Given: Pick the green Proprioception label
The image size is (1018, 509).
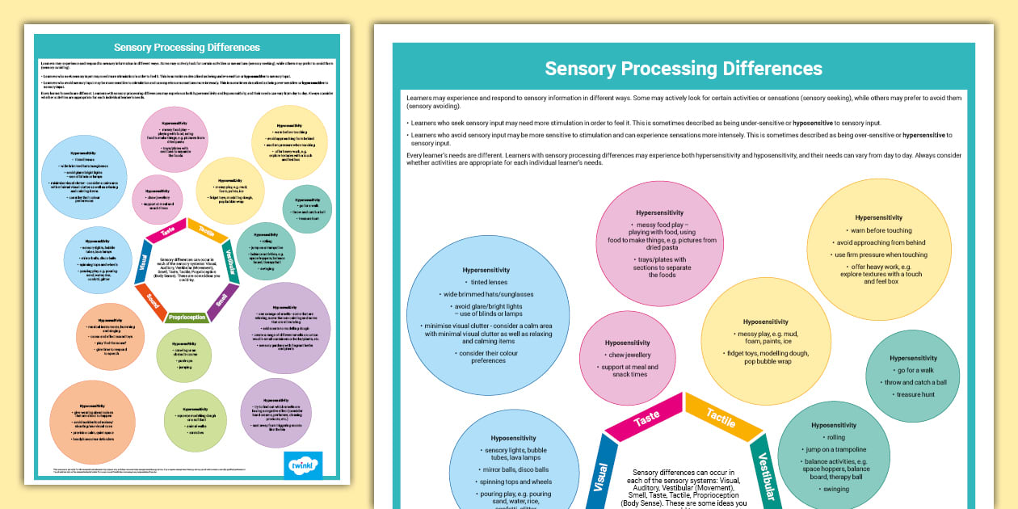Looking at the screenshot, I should (186, 318).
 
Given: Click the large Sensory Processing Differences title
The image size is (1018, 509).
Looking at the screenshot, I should (683, 68).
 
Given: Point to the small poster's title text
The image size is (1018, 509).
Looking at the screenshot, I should (187, 48).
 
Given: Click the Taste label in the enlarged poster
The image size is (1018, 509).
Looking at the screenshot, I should (647, 420).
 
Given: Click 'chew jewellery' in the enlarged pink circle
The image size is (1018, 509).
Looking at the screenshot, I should (627, 355).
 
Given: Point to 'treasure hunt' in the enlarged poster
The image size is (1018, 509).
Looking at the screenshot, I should (913, 394).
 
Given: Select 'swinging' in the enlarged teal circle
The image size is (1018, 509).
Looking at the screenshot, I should (835, 489).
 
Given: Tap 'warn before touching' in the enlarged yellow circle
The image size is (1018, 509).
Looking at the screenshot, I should (878, 230).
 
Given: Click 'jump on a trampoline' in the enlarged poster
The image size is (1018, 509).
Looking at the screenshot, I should (835, 449).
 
